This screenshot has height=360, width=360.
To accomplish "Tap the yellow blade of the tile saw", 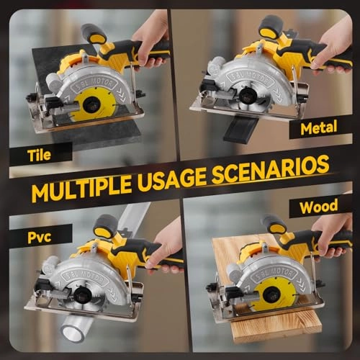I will coord(91,109).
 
